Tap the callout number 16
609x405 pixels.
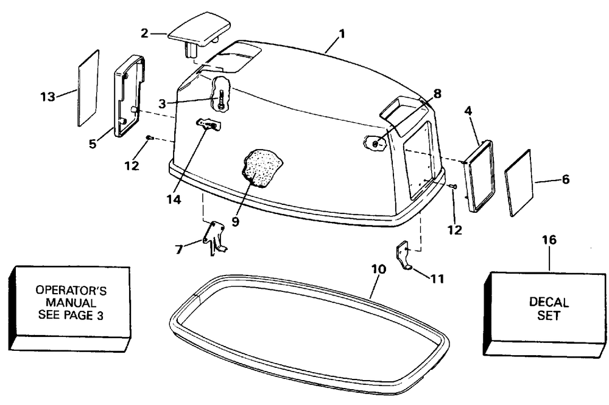point(549,240)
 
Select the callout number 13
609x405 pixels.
point(48,96)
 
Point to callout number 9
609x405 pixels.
point(235,222)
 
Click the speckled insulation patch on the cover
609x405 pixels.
point(263,167)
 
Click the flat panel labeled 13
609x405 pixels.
point(88,88)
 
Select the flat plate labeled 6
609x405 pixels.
point(519,182)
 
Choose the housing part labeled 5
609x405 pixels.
point(129,95)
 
